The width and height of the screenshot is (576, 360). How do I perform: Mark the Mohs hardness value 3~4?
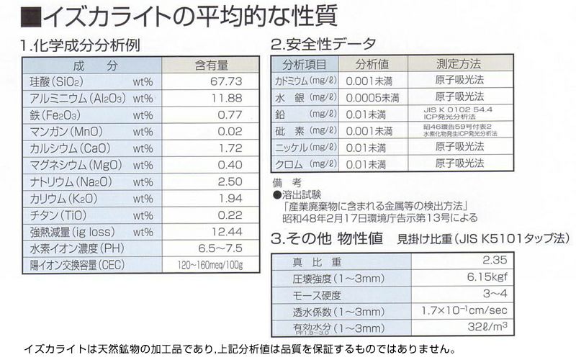click(496, 294)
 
